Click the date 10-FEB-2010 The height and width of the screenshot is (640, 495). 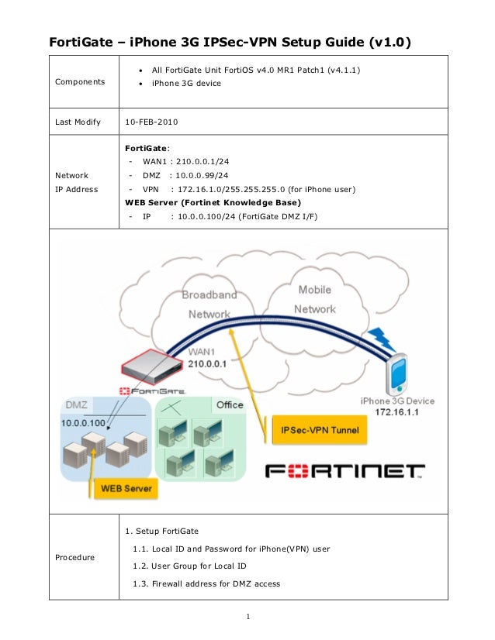click(x=151, y=122)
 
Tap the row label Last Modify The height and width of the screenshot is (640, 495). click(x=77, y=122)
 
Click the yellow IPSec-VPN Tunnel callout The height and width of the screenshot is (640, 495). click(x=315, y=430)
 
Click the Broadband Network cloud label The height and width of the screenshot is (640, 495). click(x=209, y=305)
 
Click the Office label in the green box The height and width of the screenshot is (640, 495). click(x=230, y=404)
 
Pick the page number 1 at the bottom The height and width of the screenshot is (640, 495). click(x=247, y=617)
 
